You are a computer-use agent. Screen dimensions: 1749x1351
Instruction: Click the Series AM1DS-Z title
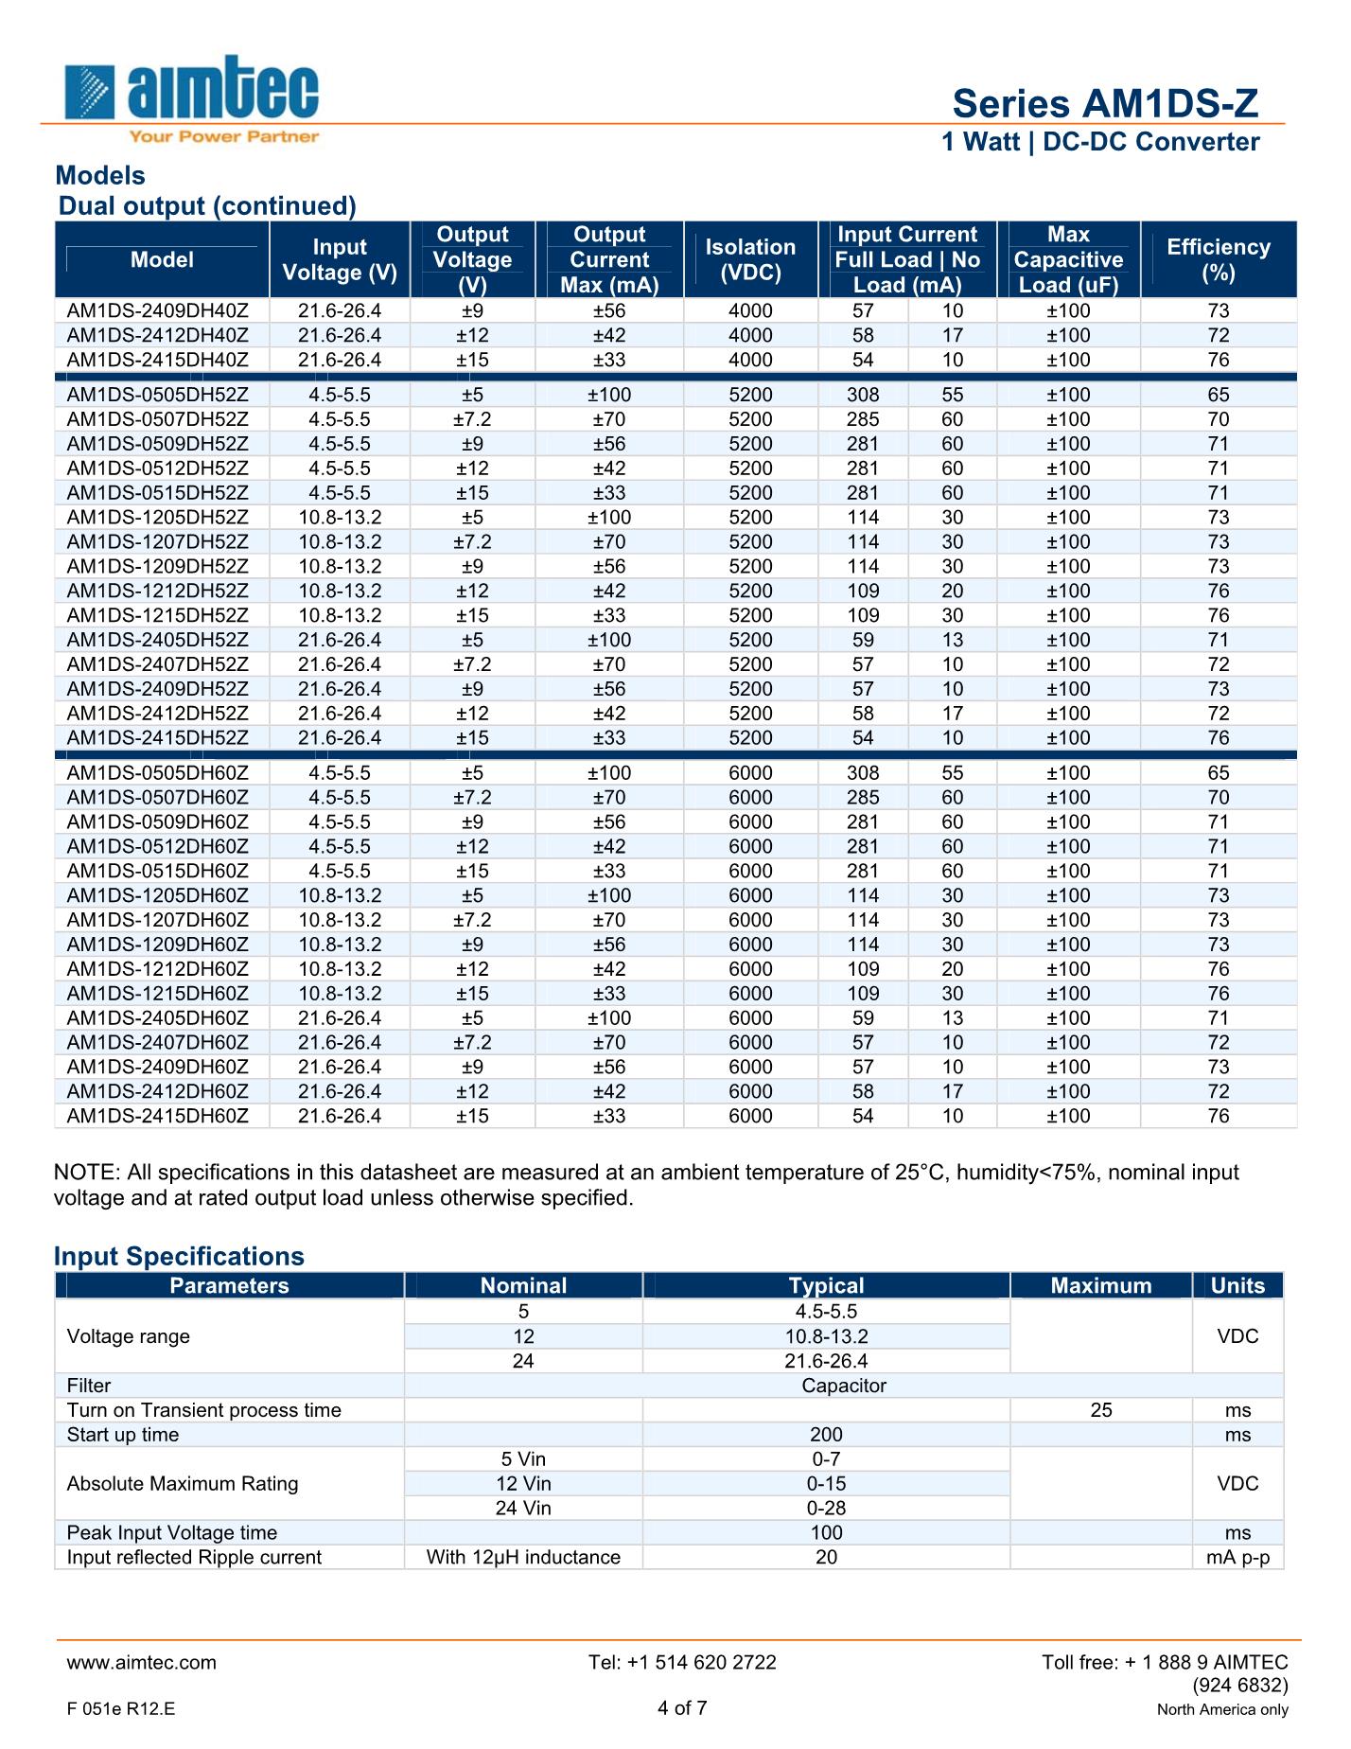click(x=1105, y=103)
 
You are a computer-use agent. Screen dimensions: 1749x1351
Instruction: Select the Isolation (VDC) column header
click(x=750, y=259)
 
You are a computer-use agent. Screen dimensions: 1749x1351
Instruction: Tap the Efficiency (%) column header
click(x=1218, y=259)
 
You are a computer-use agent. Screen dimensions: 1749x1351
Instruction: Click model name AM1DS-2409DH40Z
click(x=158, y=311)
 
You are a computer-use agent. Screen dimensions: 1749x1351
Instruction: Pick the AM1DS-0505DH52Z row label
click(x=158, y=396)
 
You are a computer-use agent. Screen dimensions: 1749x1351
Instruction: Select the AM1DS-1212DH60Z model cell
click(x=158, y=969)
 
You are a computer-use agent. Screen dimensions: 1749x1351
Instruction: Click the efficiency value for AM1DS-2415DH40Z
click(x=1219, y=361)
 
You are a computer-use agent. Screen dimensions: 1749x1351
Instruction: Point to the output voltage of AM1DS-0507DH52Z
click(x=472, y=420)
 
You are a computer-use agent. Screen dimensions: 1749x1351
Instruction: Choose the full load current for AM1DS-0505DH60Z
click(x=862, y=773)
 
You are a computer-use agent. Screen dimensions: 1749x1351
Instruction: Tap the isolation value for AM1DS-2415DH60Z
click(x=750, y=1117)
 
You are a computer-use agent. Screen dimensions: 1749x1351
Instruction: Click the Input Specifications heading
click(x=179, y=1257)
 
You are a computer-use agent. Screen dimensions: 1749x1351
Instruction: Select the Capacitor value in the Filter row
click(x=844, y=1387)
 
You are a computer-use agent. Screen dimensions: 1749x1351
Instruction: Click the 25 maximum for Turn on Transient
click(x=1101, y=1411)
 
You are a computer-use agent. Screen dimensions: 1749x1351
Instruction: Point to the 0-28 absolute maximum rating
click(x=826, y=1509)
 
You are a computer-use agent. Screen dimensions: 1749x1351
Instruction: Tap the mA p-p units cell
click(x=1237, y=1558)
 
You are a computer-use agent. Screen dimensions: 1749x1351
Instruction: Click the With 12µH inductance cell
click(x=523, y=1558)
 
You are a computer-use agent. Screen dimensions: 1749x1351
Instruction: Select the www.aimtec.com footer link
click(x=141, y=1663)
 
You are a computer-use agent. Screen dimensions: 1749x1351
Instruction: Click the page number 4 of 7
click(x=682, y=1708)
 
